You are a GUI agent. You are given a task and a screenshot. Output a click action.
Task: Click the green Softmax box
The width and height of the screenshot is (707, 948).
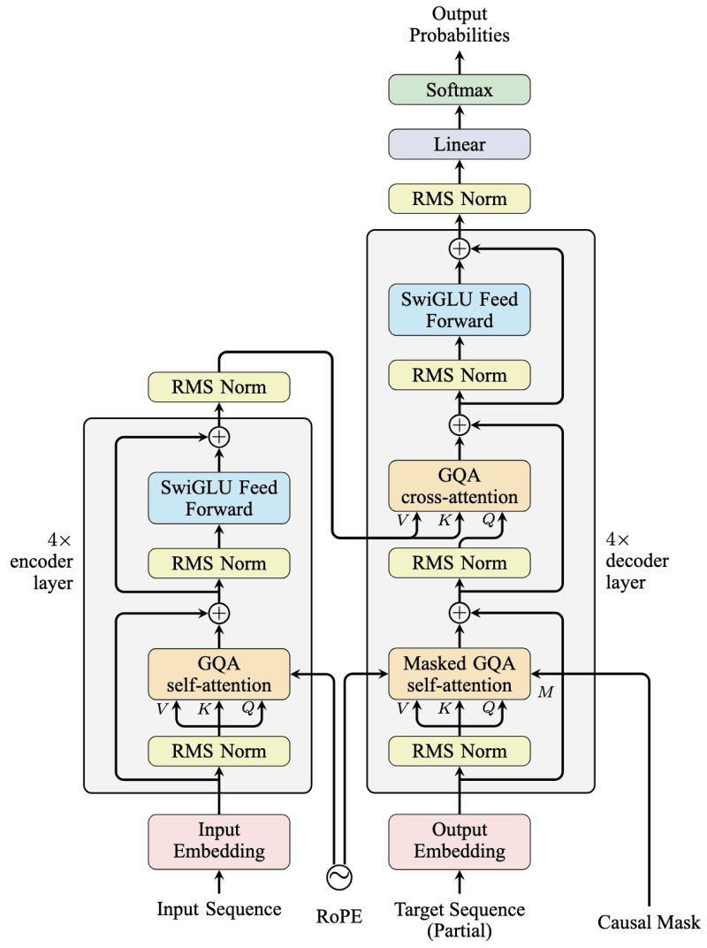(459, 89)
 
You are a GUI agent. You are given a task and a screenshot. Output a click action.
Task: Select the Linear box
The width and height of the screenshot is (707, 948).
(459, 144)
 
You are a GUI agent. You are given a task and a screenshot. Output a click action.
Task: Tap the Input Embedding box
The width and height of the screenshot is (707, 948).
(219, 841)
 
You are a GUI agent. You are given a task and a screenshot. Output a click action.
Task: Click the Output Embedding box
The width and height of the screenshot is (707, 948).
(459, 841)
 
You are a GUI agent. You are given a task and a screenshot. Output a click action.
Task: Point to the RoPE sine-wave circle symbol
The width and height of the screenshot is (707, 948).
(339, 876)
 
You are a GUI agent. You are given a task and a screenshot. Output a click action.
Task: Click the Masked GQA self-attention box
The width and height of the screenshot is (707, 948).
(459, 674)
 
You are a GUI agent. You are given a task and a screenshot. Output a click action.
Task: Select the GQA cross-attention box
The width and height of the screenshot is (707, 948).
(459, 485)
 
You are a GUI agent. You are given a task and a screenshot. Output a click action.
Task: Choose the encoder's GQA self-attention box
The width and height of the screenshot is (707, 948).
(219, 674)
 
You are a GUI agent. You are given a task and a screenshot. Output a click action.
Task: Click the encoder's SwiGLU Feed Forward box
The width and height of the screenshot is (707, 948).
(219, 497)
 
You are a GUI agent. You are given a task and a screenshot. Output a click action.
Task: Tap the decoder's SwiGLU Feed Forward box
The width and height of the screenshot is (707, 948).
(459, 309)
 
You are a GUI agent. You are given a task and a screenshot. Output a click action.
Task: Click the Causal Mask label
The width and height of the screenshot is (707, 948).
(650, 921)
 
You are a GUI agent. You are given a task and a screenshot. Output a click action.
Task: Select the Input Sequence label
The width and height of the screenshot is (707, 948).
(219, 908)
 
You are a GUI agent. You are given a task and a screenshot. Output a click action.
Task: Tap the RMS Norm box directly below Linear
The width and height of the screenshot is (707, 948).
(459, 199)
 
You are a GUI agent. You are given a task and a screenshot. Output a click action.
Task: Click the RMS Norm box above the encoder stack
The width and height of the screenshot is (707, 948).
(219, 386)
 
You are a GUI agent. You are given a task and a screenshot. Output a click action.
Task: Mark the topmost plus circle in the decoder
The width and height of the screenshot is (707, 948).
(459, 248)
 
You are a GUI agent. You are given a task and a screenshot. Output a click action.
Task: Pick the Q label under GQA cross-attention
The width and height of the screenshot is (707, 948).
(487, 520)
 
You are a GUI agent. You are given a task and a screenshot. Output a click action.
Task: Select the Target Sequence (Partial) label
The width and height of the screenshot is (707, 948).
(459, 919)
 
